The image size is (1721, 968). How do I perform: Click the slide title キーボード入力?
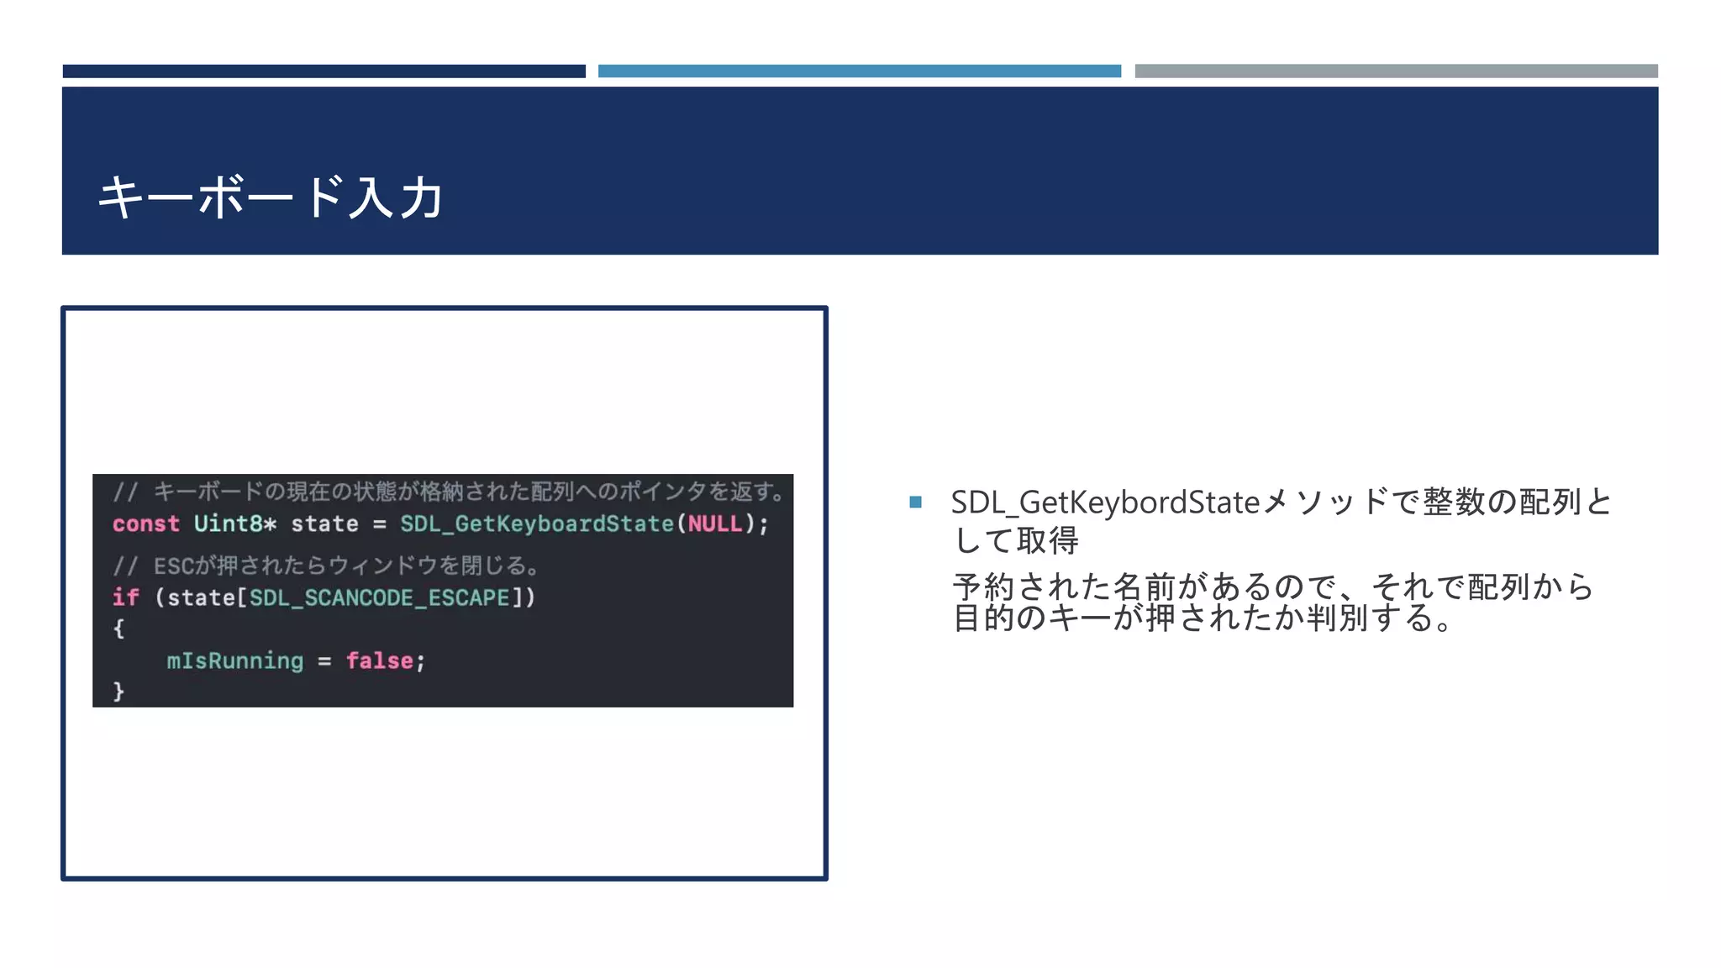coord(271,198)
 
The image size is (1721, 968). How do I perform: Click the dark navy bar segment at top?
coord(324,71)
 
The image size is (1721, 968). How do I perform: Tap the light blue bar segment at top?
coord(859,71)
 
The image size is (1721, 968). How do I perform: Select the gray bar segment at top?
coord(1396,71)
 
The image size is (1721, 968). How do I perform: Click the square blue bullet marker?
coord(915,502)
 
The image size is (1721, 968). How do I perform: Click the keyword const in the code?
coord(145,524)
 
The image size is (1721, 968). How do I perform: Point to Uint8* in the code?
coord(234,524)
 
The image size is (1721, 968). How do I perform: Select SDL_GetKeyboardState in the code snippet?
coord(536,524)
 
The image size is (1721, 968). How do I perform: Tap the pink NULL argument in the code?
coord(715,524)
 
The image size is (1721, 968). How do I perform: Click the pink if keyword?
coord(125,597)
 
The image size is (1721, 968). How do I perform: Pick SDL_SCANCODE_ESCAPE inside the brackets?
coord(380,597)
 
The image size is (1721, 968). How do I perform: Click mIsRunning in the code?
coord(234,661)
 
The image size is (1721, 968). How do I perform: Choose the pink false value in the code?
coord(379,661)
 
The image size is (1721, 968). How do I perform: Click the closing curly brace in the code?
coord(118,692)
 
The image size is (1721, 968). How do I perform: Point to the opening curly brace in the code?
coord(118,629)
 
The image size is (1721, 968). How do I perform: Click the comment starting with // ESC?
coord(325,566)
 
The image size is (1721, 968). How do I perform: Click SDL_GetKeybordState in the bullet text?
coord(1105,502)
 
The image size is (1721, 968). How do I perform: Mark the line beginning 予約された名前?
coord(1272,587)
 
